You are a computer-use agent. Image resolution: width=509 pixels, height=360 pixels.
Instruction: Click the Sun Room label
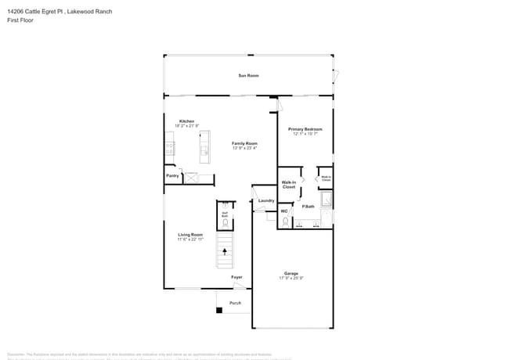click(248, 75)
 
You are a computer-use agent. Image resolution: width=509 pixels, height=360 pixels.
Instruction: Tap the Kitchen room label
click(186, 121)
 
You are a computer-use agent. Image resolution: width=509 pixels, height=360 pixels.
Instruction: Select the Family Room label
click(244, 143)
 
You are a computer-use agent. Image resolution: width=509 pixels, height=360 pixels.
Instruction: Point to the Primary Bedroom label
click(305, 129)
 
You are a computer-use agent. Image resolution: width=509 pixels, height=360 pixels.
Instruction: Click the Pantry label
click(172, 176)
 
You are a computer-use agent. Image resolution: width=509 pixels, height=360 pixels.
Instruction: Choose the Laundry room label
click(266, 200)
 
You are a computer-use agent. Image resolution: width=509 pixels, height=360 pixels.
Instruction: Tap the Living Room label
click(190, 235)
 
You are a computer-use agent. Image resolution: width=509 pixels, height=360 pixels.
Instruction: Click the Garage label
click(291, 273)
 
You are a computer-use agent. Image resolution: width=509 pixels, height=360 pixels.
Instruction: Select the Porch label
click(235, 303)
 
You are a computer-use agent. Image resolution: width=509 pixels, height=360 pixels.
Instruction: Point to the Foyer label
click(236, 277)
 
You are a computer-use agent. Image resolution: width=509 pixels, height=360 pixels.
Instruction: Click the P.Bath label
click(308, 207)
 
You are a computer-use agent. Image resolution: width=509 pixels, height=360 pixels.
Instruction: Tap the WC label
click(284, 211)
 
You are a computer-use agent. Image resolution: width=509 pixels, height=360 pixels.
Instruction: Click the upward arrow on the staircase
click(226, 252)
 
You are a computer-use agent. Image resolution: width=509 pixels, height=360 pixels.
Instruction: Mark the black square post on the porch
click(219, 311)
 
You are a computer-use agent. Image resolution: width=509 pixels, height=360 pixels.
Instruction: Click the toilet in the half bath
click(225, 223)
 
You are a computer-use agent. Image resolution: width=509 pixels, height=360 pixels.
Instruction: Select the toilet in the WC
click(286, 222)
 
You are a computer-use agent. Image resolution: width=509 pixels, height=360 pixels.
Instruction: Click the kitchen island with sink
click(204, 146)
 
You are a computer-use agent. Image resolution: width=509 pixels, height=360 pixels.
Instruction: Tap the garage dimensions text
click(291, 279)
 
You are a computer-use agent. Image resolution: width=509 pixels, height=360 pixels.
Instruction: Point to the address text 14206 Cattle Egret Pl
click(39, 11)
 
